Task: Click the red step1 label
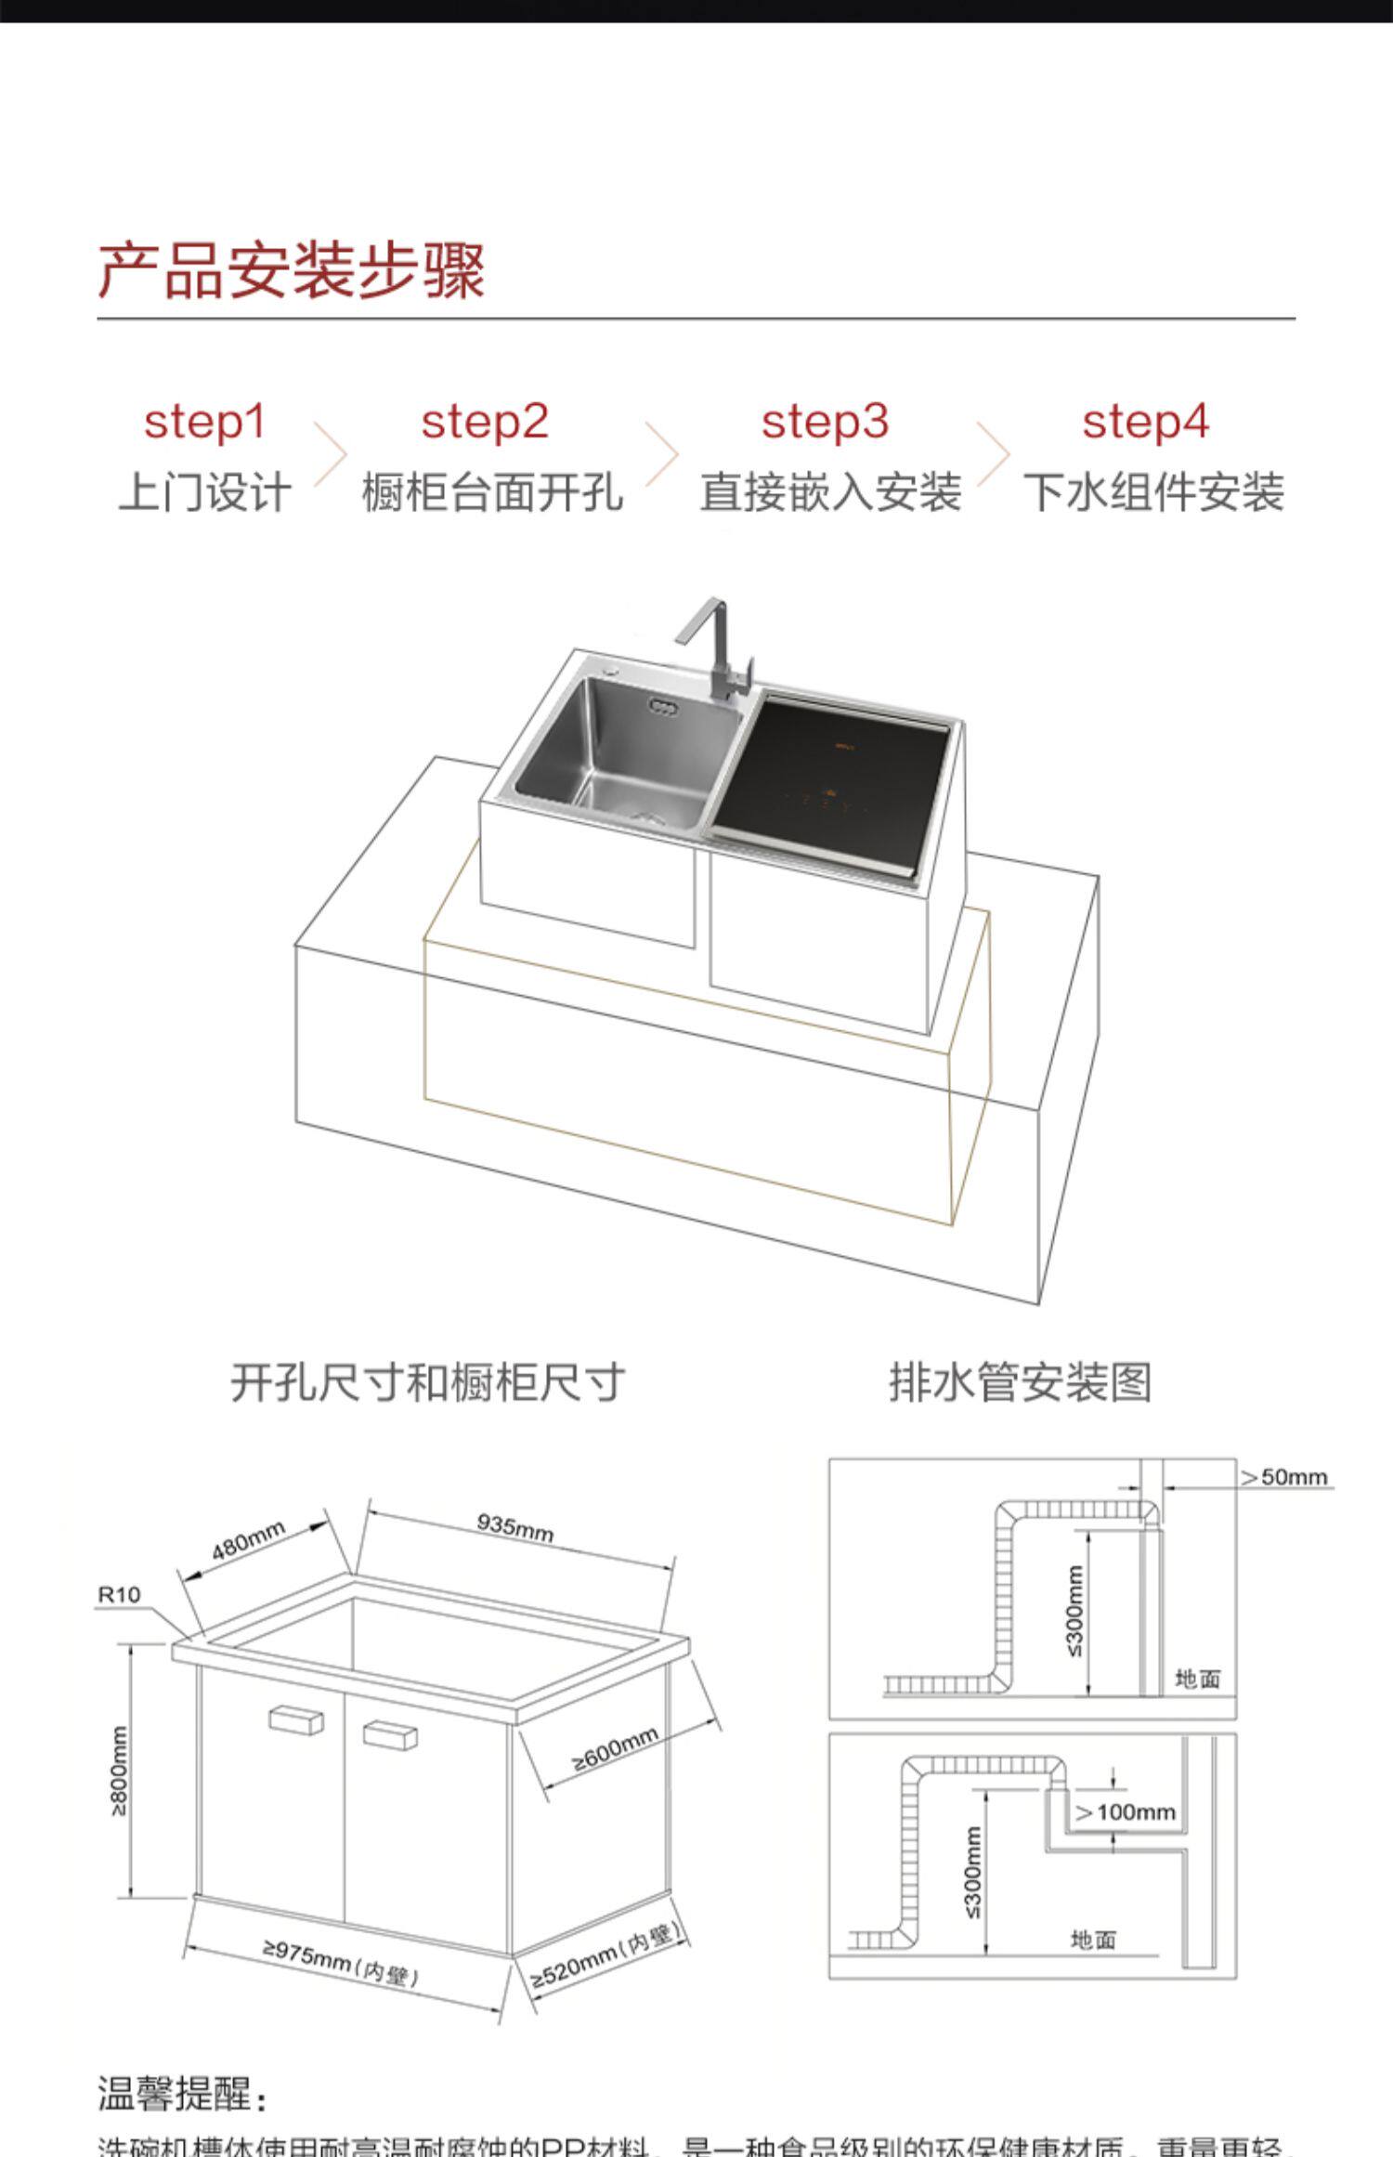click(x=204, y=423)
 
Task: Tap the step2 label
click(x=485, y=423)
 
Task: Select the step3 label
click(x=825, y=423)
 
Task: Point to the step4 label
click(x=1145, y=423)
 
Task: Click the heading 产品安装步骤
click(x=292, y=271)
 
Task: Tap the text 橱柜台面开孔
click(x=492, y=492)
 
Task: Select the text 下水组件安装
click(x=1153, y=492)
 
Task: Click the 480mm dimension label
click(x=248, y=1542)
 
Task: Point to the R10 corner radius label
click(x=119, y=1595)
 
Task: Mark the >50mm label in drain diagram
click(x=1284, y=1477)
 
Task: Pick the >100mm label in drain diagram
click(x=1126, y=1812)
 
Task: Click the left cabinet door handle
click(x=296, y=1719)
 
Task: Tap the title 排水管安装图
click(x=1020, y=1383)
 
